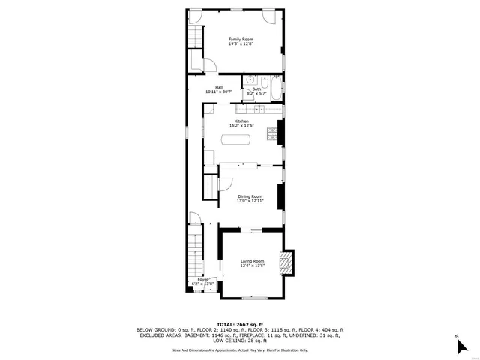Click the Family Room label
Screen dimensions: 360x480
tap(241, 39)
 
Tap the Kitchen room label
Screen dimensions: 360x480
tap(241, 121)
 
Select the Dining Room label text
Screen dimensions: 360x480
tap(250, 196)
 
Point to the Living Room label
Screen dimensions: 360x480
tap(252, 260)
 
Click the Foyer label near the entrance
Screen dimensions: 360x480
tap(200, 280)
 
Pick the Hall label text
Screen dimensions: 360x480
tap(219, 87)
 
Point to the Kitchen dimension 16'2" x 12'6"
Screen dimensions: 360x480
tap(241, 125)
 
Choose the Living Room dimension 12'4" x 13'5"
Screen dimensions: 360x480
tap(252, 265)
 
